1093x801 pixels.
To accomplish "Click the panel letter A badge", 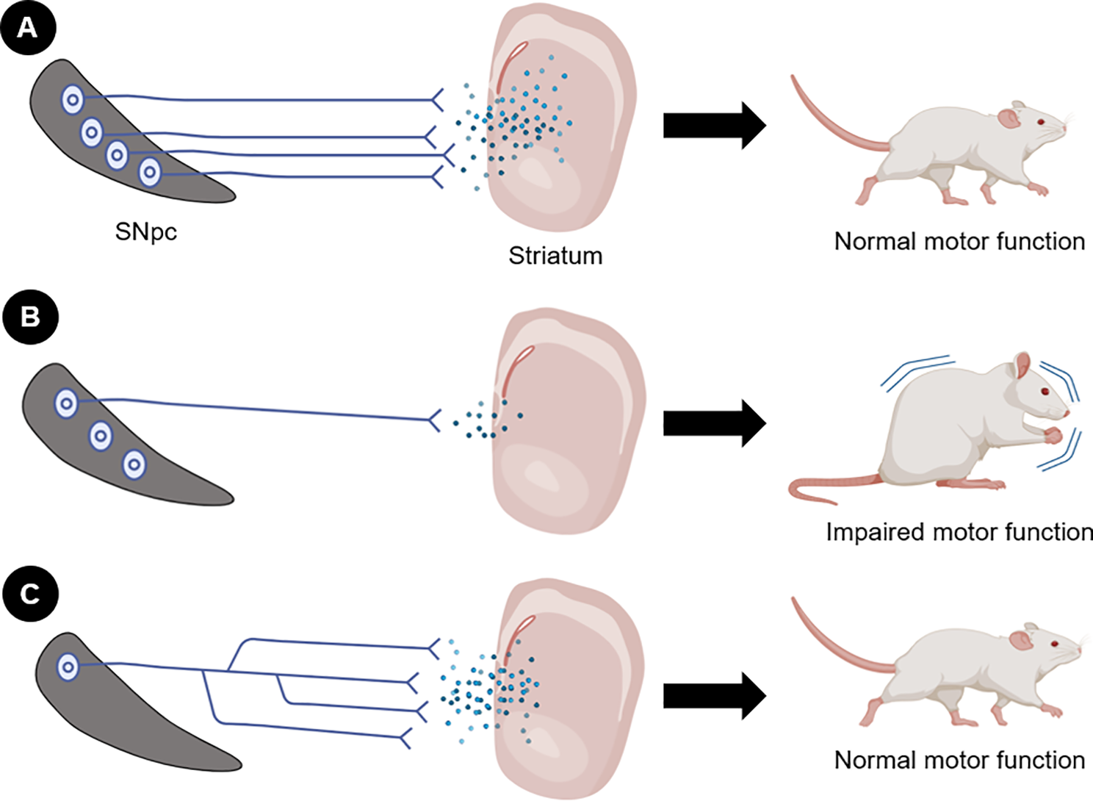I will [x=28, y=28].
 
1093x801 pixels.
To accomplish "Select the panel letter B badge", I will [x=29, y=317].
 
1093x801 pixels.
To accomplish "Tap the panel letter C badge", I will [x=29, y=593].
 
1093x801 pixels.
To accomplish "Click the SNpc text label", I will [x=145, y=232].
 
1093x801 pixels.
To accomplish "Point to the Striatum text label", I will [x=555, y=256].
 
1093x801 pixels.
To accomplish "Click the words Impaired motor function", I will [x=959, y=532].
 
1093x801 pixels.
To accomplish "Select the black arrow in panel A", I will [x=713, y=126].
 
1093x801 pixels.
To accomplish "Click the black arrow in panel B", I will [x=713, y=423].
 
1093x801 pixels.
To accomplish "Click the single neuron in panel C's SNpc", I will [x=68, y=667].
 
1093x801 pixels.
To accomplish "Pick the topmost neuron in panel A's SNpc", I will [x=72, y=99].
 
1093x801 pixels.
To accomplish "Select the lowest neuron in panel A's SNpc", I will [x=150, y=173].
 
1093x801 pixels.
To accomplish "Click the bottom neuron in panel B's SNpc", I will [x=134, y=464].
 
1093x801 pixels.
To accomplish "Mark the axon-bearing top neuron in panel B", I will [x=66, y=403].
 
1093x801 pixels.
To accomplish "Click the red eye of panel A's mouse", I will [x=1040, y=122].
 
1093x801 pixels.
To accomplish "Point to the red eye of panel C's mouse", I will [x=1054, y=644].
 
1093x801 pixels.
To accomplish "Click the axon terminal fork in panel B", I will [x=434, y=420].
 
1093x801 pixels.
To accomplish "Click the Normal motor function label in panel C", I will [x=959, y=760].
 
